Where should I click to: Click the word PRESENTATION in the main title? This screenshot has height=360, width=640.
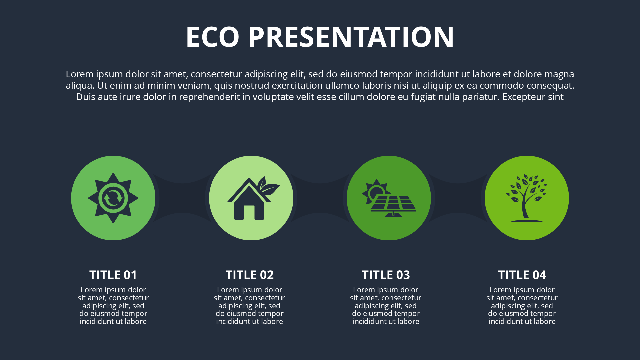coord(351,37)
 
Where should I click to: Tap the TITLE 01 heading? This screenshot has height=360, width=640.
coord(113,275)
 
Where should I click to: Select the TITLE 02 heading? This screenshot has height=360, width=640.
coord(249,275)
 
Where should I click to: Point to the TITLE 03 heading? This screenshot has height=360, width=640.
coord(386,275)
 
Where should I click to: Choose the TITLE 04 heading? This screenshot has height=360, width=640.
coord(522,275)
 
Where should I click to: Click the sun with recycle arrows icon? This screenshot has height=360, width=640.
coord(113,198)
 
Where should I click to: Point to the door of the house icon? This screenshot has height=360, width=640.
coord(249,213)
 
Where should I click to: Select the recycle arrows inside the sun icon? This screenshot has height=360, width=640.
coord(113,198)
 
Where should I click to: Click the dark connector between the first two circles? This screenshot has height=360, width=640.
coord(182,198)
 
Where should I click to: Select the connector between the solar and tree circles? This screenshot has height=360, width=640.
coord(458,198)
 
